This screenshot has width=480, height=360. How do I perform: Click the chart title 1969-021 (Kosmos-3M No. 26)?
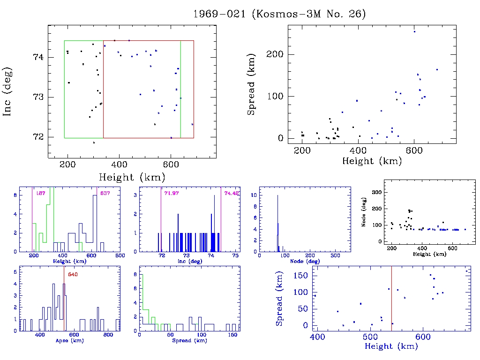(279, 14)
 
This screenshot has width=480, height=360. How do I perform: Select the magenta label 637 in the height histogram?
(104, 193)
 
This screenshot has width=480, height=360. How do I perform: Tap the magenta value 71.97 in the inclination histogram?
(172, 193)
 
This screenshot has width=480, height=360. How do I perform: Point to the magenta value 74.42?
(232, 193)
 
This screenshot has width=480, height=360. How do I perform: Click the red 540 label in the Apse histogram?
(72, 274)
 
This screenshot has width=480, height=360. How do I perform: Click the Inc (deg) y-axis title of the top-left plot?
(8, 91)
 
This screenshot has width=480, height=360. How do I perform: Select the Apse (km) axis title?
(69, 340)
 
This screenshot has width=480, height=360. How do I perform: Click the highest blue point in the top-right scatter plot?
(414, 31)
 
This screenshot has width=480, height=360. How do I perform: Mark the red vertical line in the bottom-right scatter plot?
(391, 300)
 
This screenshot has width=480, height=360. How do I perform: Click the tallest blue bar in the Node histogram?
(277, 220)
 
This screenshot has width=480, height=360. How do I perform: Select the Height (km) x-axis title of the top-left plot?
(132, 177)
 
